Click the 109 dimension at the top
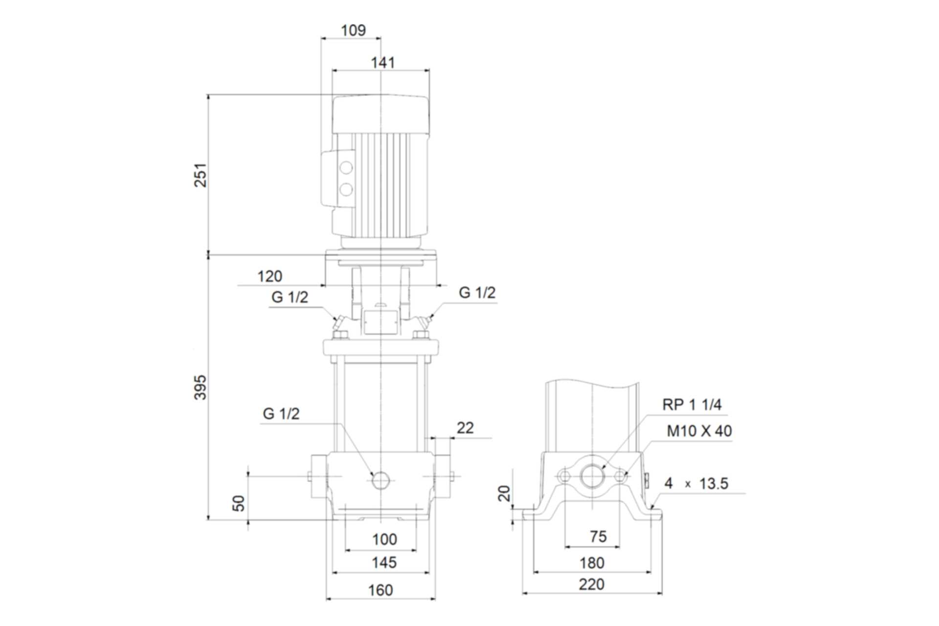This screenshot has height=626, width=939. click(x=353, y=30)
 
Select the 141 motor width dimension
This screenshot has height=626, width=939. click(x=382, y=63)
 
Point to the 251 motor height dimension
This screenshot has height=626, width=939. click(x=201, y=175)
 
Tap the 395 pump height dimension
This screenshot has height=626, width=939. click(x=201, y=387)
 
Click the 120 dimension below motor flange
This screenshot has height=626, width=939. click(x=270, y=276)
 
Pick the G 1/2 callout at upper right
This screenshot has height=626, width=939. click(x=477, y=292)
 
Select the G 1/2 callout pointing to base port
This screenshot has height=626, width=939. click(x=281, y=414)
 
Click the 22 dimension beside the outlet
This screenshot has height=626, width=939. click(x=465, y=428)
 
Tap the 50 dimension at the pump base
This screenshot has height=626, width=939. click(x=238, y=503)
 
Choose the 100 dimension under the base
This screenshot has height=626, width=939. click(x=384, y=539)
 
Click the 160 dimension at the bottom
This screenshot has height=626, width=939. click(x=380, y=590)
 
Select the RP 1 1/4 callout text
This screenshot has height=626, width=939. click(x=692, y=404)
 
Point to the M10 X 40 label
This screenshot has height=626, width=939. click(x=699, y=431)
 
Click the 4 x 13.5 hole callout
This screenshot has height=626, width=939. click(x=696, y=484)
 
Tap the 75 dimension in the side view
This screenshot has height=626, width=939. click(x=598, y=537)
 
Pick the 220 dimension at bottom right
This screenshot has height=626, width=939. click(x=591, y=584)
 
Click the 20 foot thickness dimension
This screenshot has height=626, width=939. click(x=504, y=493)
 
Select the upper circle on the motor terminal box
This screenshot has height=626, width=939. click(x=346, y=168)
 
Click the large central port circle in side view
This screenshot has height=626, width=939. click(x=592, y=476)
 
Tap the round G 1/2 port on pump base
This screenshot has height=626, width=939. click(x=380, y=481)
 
